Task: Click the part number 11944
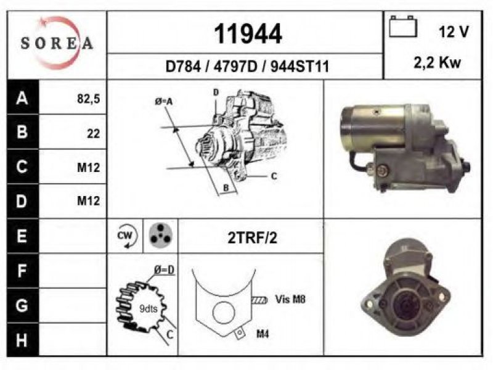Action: click(x=248, y=34)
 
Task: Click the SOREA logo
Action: click(x=57, y=43)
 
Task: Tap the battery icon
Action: click(x=403, y=27)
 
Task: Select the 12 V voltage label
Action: click(x=454, y=32)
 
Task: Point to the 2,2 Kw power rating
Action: click(x=437, y=63)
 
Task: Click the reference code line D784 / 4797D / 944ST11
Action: click(x=247, y=67)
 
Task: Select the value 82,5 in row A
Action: click(x=88, y=99)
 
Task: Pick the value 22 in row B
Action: click(x=94, y=134)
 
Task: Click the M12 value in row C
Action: click(x=88, y=168)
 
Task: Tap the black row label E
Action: click(x=22, y=236)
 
